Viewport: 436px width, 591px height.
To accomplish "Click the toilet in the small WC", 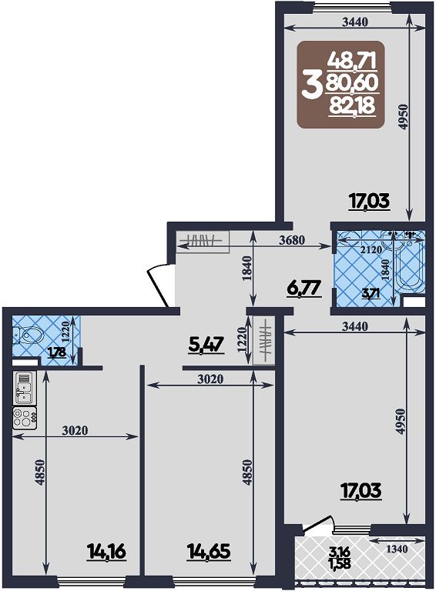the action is (26, 335).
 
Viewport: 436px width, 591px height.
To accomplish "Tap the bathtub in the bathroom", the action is (409, 264).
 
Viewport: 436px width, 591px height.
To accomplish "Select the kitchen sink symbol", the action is (24, 388).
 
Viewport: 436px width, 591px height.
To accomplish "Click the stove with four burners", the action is (25, 418).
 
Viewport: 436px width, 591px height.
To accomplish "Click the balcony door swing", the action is (319, 525).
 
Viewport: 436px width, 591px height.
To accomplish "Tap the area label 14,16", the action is (106, 553).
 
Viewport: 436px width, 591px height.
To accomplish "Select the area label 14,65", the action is (209, 553).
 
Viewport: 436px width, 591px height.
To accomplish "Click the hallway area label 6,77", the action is (304, 289).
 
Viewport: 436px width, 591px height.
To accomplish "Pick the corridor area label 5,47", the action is (206, 345).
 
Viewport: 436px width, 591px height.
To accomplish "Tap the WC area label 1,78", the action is (57, 352).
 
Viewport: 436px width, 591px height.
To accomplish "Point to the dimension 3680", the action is (292, 240).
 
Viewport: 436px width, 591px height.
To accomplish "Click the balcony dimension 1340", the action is (397, 549).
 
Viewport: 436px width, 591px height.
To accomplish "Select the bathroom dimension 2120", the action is (371, 249).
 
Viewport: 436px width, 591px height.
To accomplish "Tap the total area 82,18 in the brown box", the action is (352, 105).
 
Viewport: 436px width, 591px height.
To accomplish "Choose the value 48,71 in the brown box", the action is (352, 60).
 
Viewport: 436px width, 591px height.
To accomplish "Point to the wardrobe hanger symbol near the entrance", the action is (199, 239).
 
